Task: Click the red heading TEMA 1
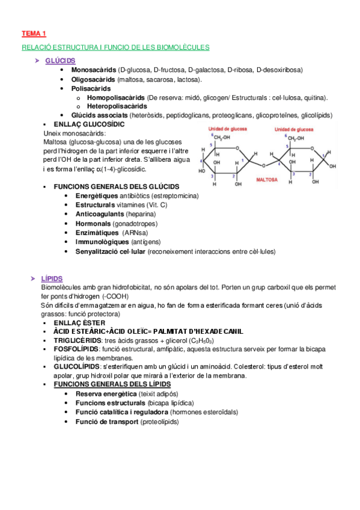(34, 34)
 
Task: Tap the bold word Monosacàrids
(94, 70)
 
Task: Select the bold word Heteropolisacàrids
(117, 106)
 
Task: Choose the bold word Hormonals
(93, 223)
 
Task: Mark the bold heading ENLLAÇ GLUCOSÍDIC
(89, 124)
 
